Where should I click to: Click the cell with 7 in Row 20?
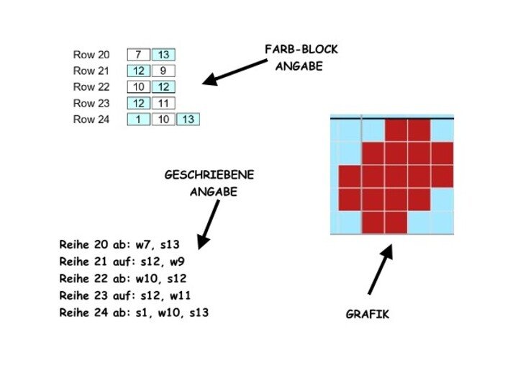click(138, 55)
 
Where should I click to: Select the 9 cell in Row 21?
click(163, 71)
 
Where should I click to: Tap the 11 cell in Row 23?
click(163, 103)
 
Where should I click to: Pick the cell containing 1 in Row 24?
click(138, 120)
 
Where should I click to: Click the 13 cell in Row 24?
click(188, 120)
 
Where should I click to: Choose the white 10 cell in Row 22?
click(138, 87)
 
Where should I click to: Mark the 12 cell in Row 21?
click(138, 71)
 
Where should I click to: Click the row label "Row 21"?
click(91, 71)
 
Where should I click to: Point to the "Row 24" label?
click(91, 120)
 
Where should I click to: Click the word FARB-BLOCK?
click(301, 50)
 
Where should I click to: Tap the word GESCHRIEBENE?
click(209, 175)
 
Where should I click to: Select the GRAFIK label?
click(367, 314)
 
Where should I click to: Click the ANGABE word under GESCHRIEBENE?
click(213, 192)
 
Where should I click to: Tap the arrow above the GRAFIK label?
click(381, 270)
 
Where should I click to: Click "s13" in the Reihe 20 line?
click(179, 244)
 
